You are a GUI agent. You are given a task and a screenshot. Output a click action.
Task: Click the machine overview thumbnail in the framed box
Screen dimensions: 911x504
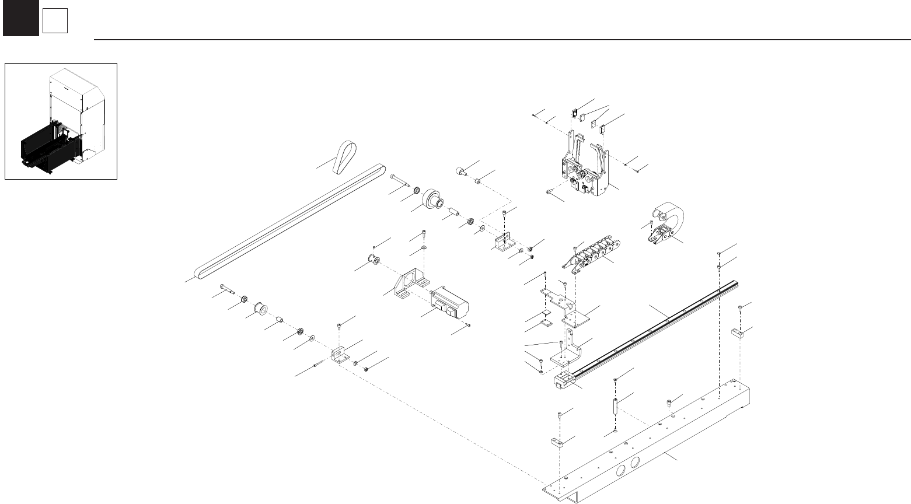(x=61, y=121)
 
